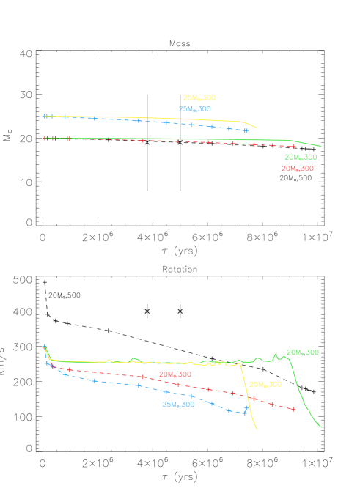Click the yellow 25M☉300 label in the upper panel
click(x=199, y=97)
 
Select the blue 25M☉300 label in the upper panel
click(x=194, y=109)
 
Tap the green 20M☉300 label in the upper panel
click(x=301, y=157)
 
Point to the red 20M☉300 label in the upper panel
click(x=297, y=169)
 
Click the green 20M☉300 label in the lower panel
click(x=302, y=352)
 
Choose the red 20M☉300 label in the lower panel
click(x=175, y=374)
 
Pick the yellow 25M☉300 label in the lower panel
click(x=265, y=384)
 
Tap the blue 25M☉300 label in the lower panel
click(x=178, y=405)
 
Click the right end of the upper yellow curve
click(x=257, y=128)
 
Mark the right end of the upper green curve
click(x=320, y=146)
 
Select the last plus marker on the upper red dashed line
click(x=293, y=146)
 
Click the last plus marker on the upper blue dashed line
click(x=246, y=130)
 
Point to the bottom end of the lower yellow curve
click(x=257, y=429)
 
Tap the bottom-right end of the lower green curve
click(x=320, y=426)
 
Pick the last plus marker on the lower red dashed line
click(x=293, y=409)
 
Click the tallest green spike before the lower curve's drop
click(x=276, y=355)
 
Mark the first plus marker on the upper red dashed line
click(x=45, y=138)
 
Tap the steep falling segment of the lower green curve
click(x=301, y=392)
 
